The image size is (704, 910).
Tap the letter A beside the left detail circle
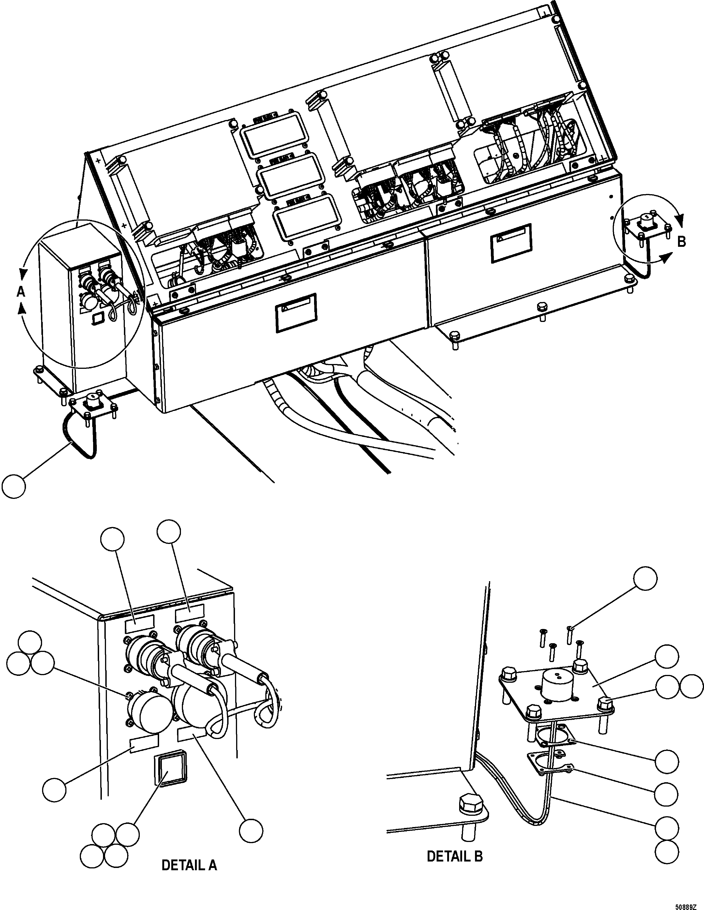pos(21,292)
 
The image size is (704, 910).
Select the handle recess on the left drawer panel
pos(295,313)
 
